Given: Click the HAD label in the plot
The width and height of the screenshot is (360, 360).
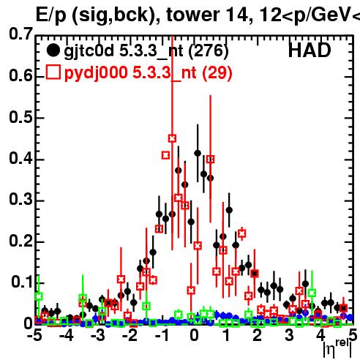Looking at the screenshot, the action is coord(310,50).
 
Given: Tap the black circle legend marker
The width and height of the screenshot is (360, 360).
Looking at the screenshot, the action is coord(53,50).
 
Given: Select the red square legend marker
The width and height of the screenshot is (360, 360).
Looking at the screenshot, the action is coord(53,72).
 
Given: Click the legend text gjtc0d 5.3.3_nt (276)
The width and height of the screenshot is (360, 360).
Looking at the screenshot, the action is coord(146,51).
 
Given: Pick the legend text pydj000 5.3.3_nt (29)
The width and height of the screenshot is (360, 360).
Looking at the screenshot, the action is coord(148,72).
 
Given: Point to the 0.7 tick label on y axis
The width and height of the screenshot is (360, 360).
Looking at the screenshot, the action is coord(20,34).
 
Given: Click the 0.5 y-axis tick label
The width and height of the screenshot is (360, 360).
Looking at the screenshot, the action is coord(20,117).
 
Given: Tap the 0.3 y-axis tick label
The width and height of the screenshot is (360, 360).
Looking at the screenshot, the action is coord(20,200).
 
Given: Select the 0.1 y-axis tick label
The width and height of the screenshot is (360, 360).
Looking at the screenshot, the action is coord(22,282).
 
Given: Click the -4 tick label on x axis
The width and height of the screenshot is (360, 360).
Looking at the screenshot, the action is coord(67,335).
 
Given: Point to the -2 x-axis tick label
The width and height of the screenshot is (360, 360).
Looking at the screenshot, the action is coord(130,335).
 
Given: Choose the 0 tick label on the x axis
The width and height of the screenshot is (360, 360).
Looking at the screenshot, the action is coord(194,335).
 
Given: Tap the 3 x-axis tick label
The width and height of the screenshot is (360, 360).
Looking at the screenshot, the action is coord(289,335).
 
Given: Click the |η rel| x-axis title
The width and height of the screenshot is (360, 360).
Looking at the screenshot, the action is coord(337,348).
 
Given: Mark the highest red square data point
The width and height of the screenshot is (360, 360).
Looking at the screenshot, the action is coord(172,138).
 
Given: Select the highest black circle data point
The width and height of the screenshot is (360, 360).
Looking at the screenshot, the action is coord(198,153).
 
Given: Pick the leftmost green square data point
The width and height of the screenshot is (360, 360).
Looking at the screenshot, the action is coord(38,296).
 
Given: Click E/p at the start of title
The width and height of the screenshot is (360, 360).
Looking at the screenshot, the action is coord(51,15).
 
